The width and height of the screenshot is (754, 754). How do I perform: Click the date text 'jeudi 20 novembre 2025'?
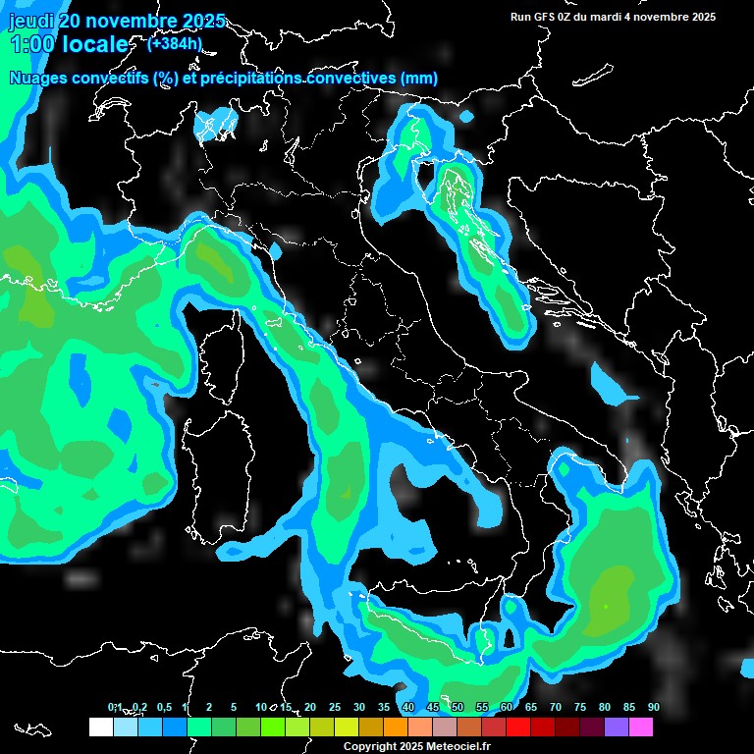coord(116,21)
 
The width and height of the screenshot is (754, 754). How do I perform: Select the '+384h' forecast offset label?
coord(174,43)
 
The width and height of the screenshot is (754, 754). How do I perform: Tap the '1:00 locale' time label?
coord(69,44)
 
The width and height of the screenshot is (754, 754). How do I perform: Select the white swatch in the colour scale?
coord(100,727)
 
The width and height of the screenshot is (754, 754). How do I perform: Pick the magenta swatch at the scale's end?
coord(641,727)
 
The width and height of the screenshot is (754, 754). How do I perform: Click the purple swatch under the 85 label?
coord(617,727)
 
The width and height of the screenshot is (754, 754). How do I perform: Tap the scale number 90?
coord(653,707)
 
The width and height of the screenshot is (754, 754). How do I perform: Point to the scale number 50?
coord(457,707)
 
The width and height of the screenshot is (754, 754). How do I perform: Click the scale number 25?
coord(334,707)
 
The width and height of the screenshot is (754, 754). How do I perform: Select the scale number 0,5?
coord(163,707)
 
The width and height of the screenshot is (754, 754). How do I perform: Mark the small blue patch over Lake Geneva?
coord(215,125)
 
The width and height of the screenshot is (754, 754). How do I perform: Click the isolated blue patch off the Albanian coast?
coord(611,385)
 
